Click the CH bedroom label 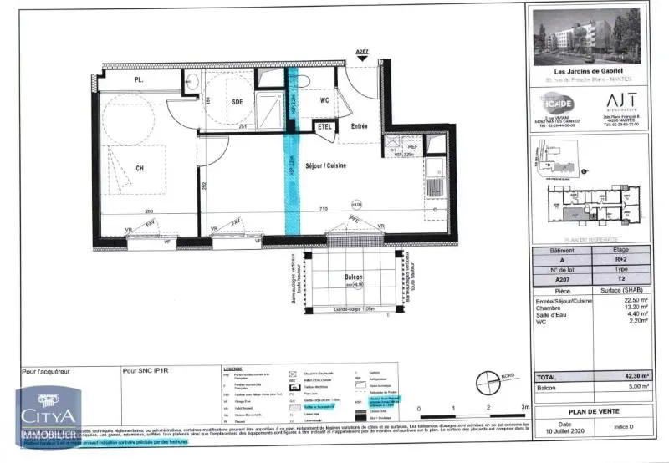pos(140,167)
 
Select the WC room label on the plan pos(324,101)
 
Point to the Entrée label pos(359,127)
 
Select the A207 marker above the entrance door pos(361,53)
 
